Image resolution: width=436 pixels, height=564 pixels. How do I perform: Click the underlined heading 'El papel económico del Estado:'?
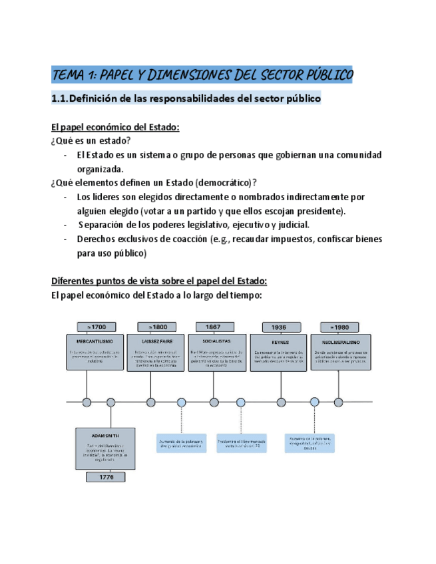(115, 127)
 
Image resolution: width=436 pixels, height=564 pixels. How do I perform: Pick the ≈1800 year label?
(156, 327)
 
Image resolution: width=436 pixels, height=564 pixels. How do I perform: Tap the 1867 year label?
(214, 327)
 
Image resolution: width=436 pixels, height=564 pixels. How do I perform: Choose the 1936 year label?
(278, 327)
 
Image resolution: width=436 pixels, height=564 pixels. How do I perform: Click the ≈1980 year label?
(339, 327)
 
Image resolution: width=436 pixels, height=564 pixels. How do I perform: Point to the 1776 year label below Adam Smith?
(107, 478)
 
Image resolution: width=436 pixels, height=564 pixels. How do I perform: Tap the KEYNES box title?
(278, 341)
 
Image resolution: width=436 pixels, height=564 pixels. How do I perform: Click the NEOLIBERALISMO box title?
(339, 341)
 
